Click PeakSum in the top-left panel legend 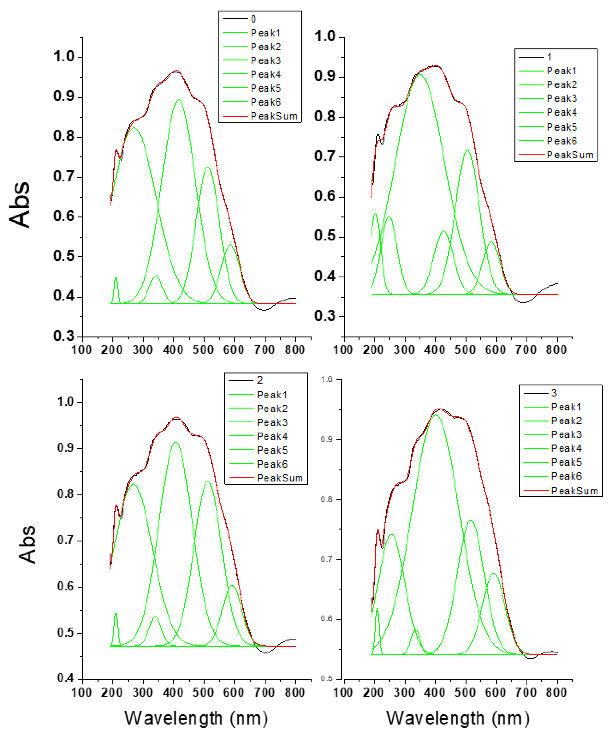click(x=273, y=116)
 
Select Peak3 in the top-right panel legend click(x=562, y=99)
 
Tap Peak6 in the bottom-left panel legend click(x=272, y=464)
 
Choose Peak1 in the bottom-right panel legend click(x=566, y=407)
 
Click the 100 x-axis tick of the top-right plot click(x=343, y=350)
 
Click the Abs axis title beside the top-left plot click(x=20, y=205)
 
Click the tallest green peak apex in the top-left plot click(x=179, y=100)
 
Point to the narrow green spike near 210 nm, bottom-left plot click(x=116, y=613)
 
